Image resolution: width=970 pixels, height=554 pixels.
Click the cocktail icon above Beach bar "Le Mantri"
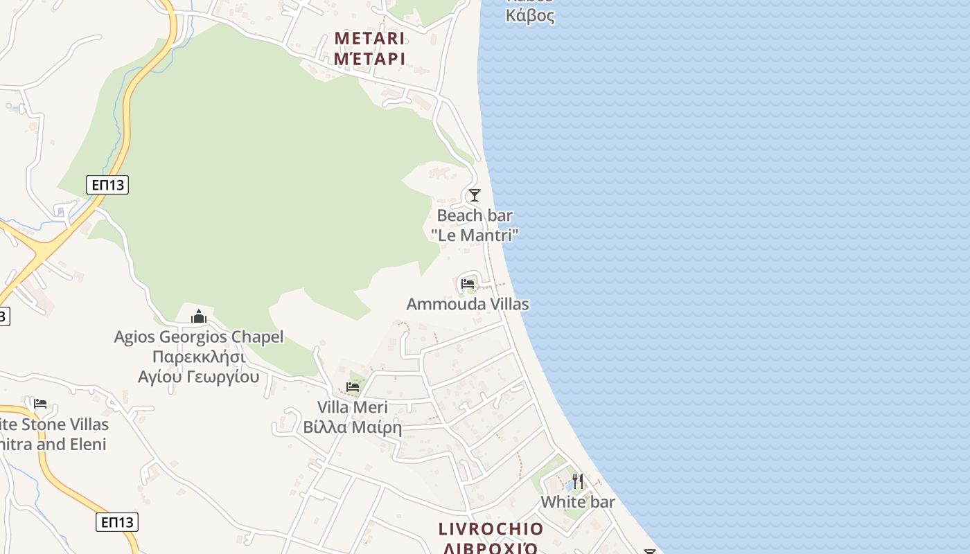pyautogui.click(x=475, y=195)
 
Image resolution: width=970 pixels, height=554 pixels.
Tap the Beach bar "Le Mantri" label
pyautogui.click(x=475, y=225)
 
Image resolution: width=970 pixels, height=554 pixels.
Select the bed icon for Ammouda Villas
pyautogui.click(x=468, y=283)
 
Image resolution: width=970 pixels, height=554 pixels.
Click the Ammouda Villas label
pyautogui.click(x=468, y=304)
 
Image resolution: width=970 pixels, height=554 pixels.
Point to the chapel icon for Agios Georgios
pyautogui.click(x=199, y=317)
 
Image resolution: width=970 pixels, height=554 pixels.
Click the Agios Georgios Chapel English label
pyautogui.click(x=199, y=337)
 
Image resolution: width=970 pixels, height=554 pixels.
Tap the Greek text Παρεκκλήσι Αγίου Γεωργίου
pyautogui.click(x=199, y=367)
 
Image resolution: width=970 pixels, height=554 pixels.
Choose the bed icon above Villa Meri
pyautogui.click(x=353, y=386)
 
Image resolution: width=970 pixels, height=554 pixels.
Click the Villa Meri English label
pyautogui.click(x=353, y=407)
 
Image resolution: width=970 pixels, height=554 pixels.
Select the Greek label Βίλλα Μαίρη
pyautogui.click(x=353, y=427)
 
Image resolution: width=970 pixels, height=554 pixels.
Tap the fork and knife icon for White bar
pyautogui.click(x=577, y=481)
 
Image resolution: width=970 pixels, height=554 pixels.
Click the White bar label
pyautogui.click(x=578, y=502)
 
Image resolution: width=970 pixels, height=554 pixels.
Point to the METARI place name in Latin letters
pyautogui.click(x=369, y=38)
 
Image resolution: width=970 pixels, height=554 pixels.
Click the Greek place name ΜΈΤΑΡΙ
pyautogui.click(x=369, y=59)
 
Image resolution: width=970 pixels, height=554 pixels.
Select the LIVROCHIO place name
pyautogui.click(x=491, y=529)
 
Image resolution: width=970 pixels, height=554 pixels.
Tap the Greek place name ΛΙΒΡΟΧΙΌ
pyautogui.click(x=491, y=548)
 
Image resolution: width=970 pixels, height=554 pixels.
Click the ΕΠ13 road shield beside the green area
pyautogui.click(x=107, y=185)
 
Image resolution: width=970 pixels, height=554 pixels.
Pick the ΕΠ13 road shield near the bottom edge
pyautogui.click(x=117, y=522)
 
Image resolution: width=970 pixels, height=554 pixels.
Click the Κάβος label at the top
pyautogui.click(x=530, y=15)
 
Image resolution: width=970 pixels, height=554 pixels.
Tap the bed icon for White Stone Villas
pyautogui.click(x=40, y=403)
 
